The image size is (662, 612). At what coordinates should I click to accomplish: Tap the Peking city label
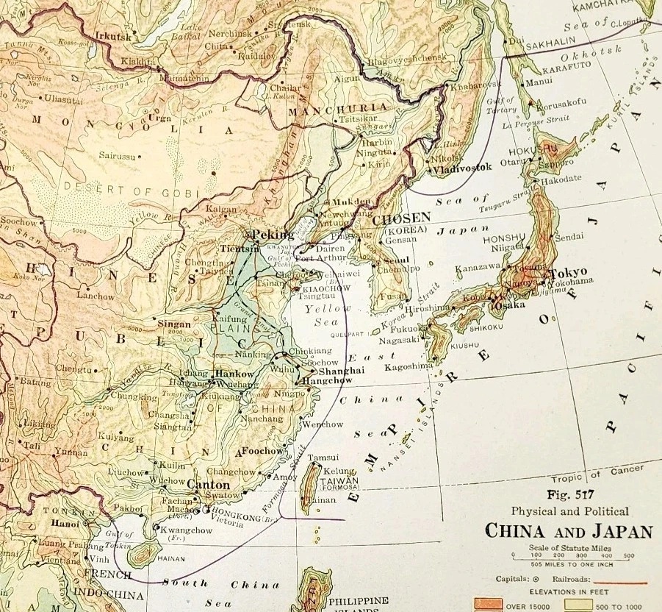[273, 235]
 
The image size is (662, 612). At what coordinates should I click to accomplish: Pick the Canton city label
[209, 485]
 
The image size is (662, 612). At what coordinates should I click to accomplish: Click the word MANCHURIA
[326, 112]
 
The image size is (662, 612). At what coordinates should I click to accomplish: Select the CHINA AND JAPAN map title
[567, 530]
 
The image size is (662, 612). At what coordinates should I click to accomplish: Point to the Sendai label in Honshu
[569, 237]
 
